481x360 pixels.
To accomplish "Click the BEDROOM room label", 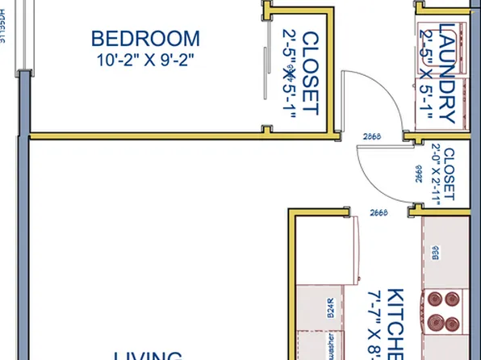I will pos(145,38).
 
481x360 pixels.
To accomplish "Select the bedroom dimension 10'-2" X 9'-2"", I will pos(145,60).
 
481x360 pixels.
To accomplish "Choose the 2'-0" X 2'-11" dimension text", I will pos(436,174).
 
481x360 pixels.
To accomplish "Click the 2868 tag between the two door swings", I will pos(372,136).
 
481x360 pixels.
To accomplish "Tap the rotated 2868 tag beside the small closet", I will pos(418,174).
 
